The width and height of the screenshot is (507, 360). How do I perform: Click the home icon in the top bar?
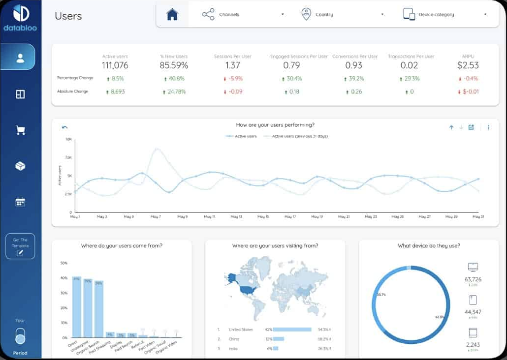pyautogui.click(x=172, y=15)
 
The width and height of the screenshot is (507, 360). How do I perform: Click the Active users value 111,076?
pyautogui.click(x=115, y=65)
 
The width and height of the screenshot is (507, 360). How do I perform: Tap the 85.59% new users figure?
pyautogui.click(x=174, y=65)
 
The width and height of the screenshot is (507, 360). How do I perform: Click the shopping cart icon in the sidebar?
pyautogui.click(x=20, y=130)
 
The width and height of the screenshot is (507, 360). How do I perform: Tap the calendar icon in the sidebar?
pyautogui.click(x=20, y=202)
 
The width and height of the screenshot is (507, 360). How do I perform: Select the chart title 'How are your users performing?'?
pyautogui.click(x=275, y=125)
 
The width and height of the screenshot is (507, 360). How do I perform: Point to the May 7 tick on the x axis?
pyautogui.click(x=156, y=216)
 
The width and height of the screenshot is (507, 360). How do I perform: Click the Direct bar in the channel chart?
pyautogui.click(x=77, y=307)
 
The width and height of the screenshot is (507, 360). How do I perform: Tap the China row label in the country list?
pyautogui.click(x=234, y=339)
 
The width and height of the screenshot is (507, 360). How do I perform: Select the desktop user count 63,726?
pyautogui.click(x=473, y=279)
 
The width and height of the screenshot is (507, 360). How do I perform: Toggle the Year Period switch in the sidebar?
pyautogui.click(x=20, y=337)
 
